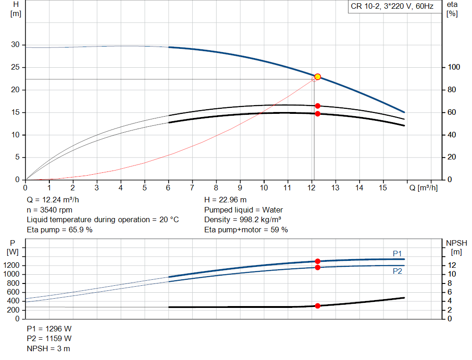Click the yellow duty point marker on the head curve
click(317, 77)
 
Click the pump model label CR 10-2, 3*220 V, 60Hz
click(392, 6)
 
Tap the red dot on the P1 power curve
click(318, 261)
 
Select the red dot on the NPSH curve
click(318, 306)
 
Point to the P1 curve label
click(397, 254)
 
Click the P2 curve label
click(397, 271)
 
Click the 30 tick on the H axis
click(15, 45)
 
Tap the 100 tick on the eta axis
click(454, 67)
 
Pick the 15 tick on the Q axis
click(383, 188)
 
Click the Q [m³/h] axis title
click(424, 188)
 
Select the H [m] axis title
click(16, 9)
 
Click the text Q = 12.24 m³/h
click(53, 200)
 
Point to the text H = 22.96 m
click(225, 200)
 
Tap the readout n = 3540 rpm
click(50, 210)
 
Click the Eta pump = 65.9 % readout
click(59, 230)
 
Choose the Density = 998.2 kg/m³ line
click(242, 220)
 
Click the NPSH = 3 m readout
click(48, 348)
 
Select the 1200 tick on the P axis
click(11, 265)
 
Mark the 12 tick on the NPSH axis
click(452, 265)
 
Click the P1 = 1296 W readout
click(49, 329)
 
